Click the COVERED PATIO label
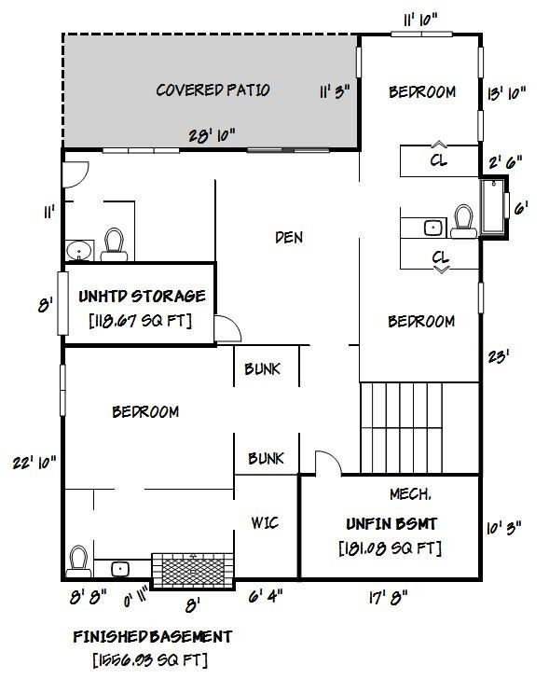(x=213, y=90)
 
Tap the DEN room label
(x=289, y=238)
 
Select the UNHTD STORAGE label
(x=142, y=297)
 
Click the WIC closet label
(x=266, y=522)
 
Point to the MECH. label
(x=409, y=492)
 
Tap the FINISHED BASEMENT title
(x=153, y=637)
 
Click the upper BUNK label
(x=262, y=369)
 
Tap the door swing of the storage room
(x=225, y=329)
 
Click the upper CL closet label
(x=438, y=160)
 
